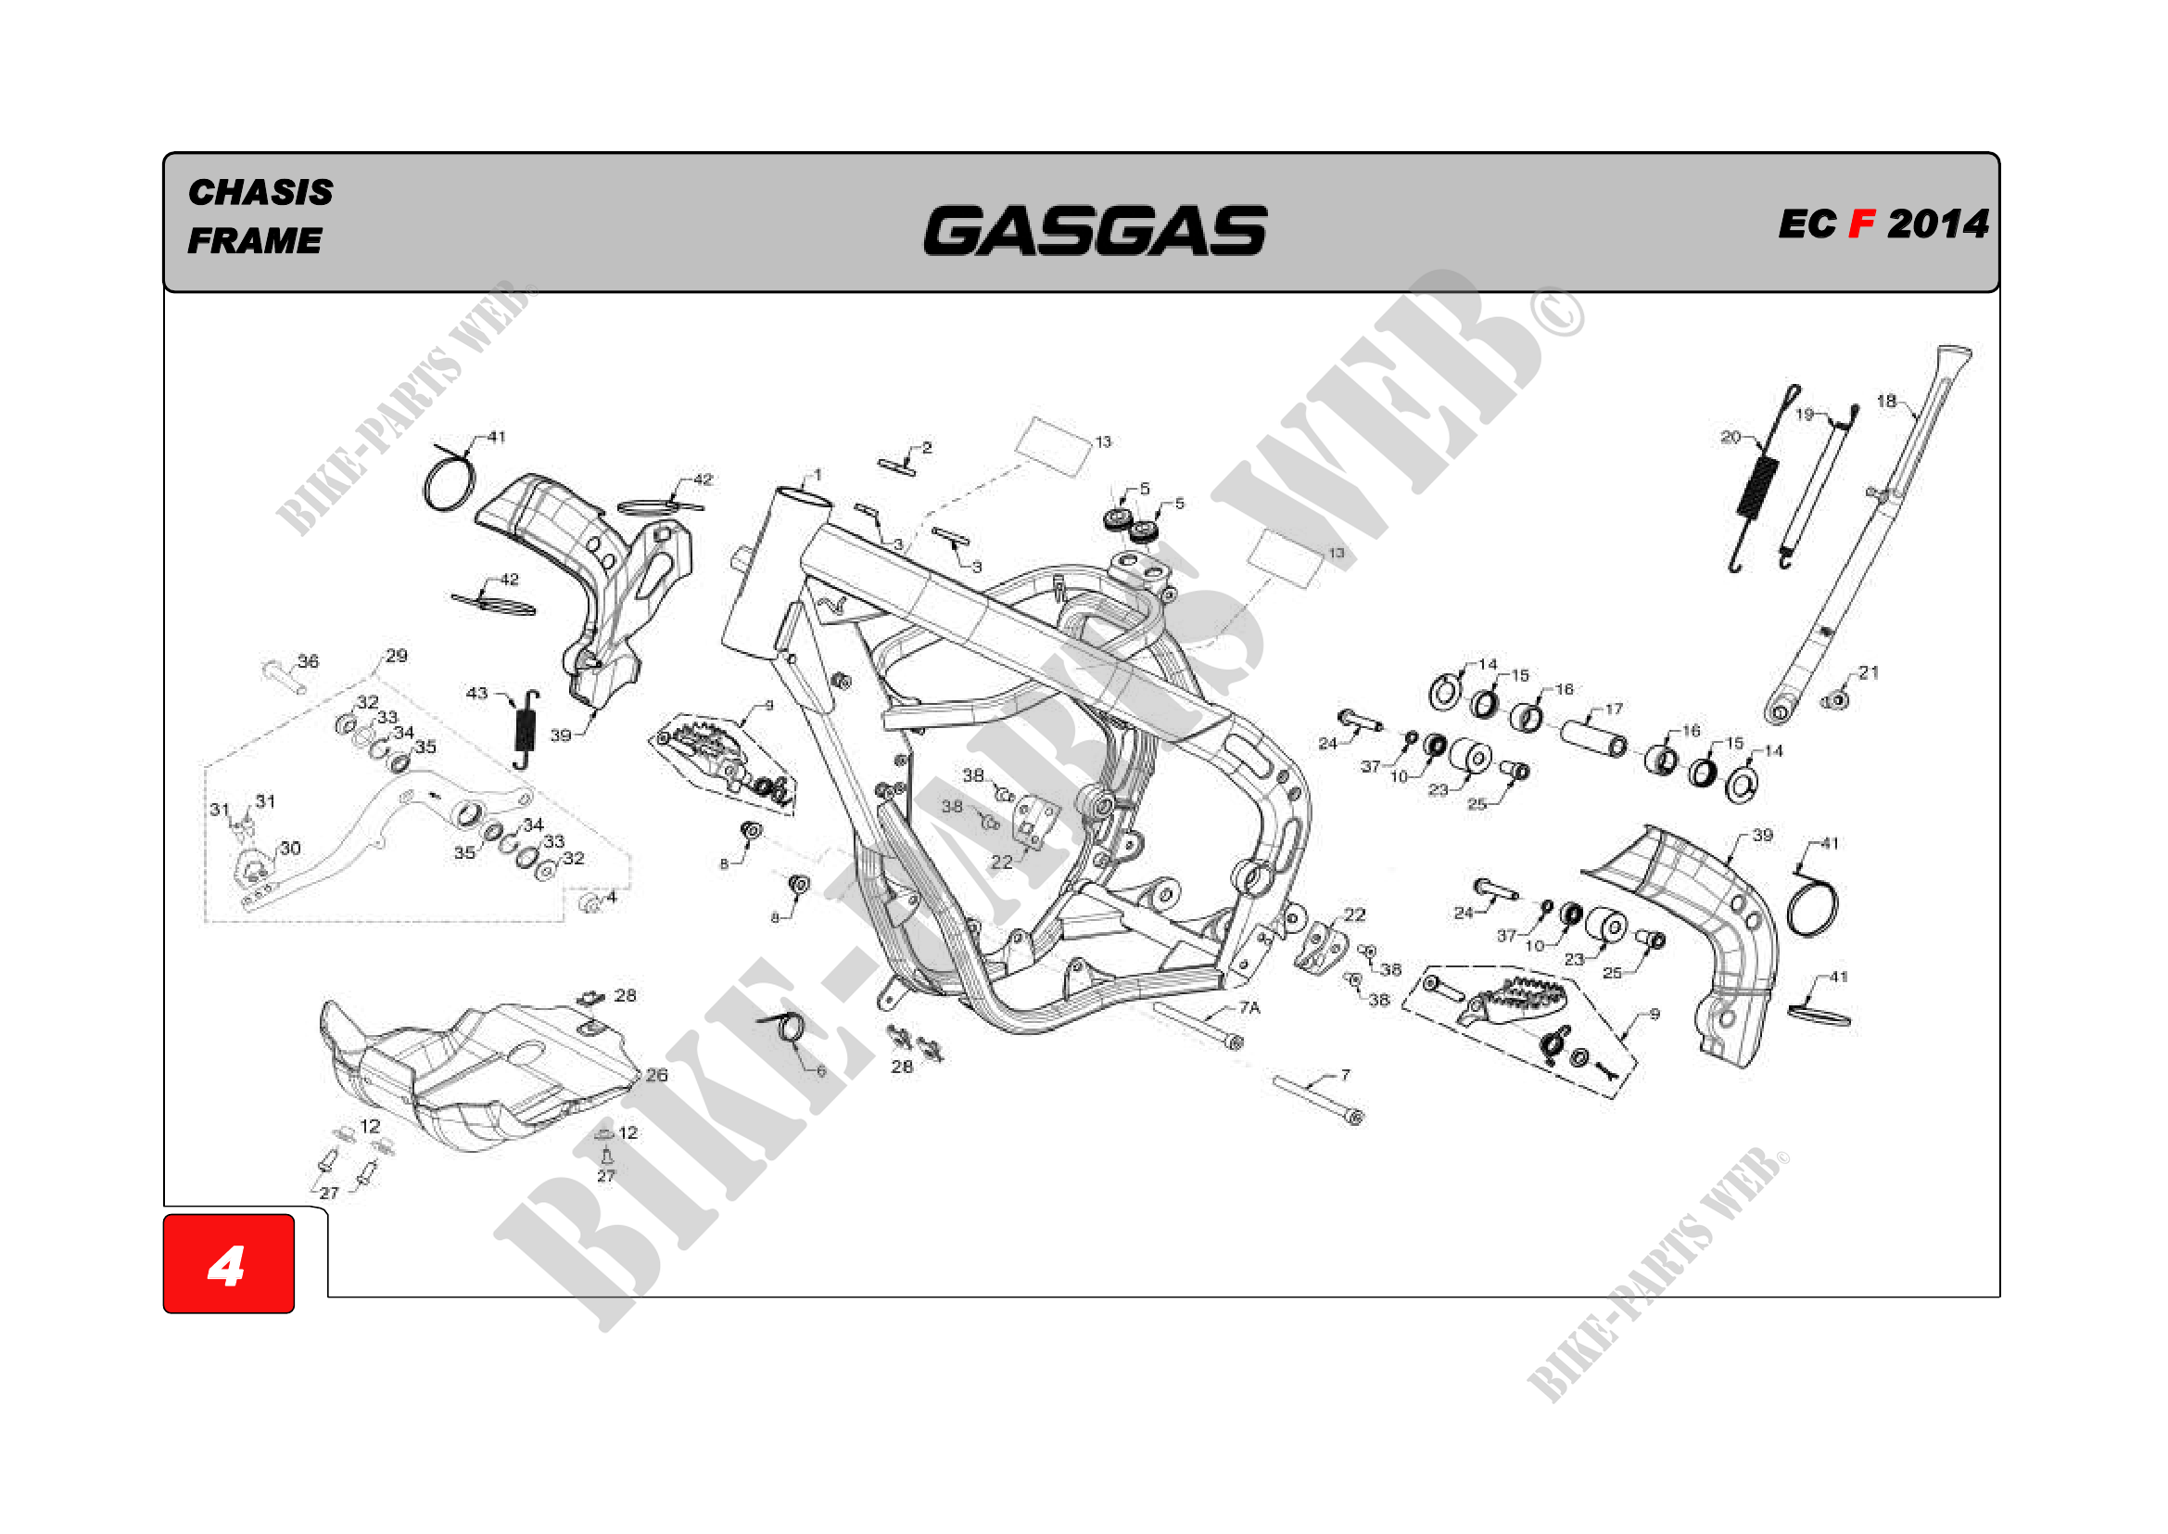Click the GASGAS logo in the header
pos(1096,232)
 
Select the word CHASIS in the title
pos(260,193)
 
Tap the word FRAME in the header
pos(254,241)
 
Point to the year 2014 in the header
pos(1937,224)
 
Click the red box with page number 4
pos(229,1264)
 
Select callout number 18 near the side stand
pos(1885,402)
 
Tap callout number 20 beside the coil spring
pos(1730,437)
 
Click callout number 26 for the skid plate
pos(656,1075)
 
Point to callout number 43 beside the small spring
pos(476,694)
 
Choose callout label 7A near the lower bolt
pos(1249,1008)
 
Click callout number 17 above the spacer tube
pos(1614,709)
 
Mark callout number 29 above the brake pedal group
pos(397,656)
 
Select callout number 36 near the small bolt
pos(308,661)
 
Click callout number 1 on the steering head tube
pos(818,475)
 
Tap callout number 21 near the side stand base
pos(1869,672)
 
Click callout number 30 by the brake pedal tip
pos(290,849)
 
